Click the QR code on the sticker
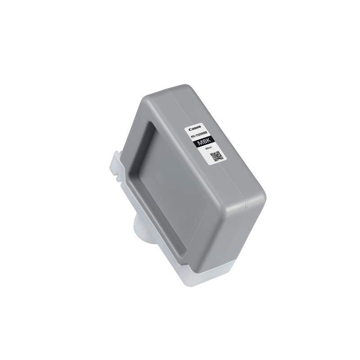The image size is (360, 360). [217, 156]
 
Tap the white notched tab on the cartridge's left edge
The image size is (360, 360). [116, 166]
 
